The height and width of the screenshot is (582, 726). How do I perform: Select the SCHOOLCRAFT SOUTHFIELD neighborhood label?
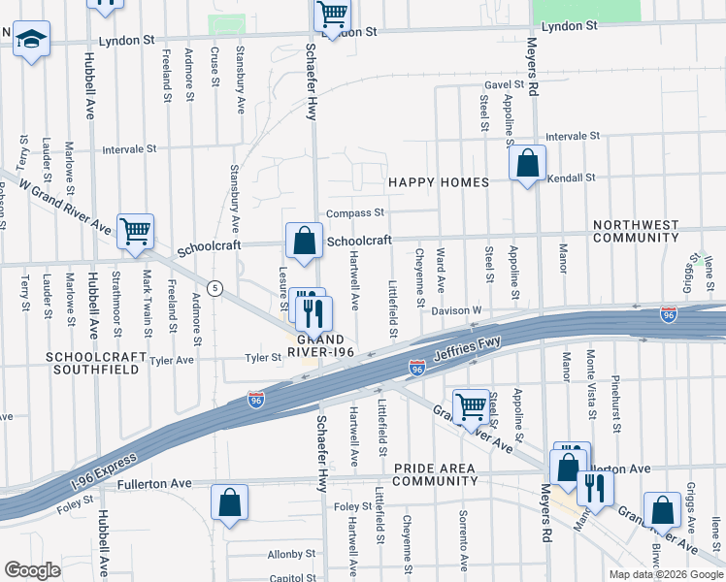[96, 364]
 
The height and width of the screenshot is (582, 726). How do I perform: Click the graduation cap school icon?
[32, 41]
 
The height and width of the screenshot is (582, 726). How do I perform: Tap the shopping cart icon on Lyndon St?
[332, 16]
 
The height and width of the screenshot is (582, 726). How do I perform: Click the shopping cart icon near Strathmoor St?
[135, 232]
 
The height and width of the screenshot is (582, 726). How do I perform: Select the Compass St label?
[355, 212]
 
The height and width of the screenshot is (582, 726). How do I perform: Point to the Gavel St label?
[505, 85]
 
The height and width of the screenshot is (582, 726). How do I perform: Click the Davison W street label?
[457, 311]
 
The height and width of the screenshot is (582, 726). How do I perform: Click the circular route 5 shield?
[214, 288]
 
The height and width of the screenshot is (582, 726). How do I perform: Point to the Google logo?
[32, 570]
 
